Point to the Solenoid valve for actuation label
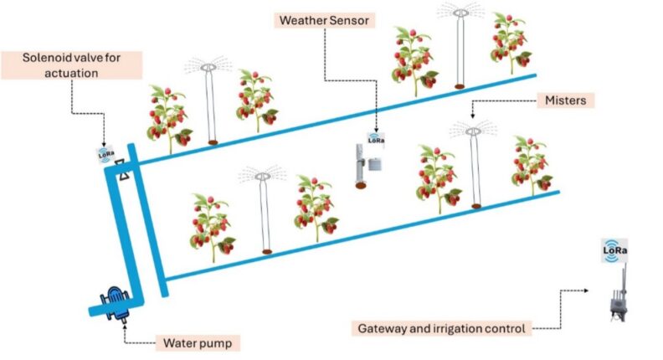click(71, 65)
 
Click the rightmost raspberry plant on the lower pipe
click(532, 165)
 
